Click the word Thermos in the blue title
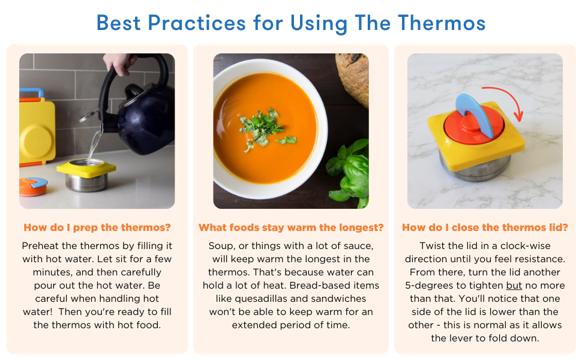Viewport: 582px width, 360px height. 442,23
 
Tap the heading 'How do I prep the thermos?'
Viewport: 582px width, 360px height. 97,227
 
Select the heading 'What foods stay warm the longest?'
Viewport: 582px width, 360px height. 291,227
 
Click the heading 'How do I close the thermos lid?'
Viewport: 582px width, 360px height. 485,227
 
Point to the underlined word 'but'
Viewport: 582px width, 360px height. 514,286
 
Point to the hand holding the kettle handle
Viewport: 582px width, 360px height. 119,63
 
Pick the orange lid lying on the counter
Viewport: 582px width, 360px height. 33,186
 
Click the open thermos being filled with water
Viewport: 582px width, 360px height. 86,175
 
